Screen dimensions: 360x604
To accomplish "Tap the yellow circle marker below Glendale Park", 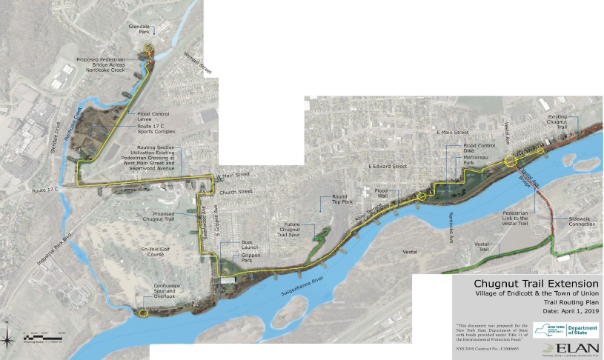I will pos(149,51).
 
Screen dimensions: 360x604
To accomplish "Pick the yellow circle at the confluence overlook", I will pos(143,313).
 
